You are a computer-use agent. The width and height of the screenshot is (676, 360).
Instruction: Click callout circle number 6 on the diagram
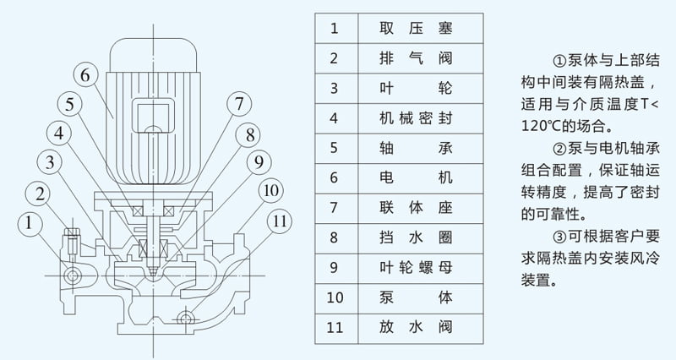click(x=84, y=74)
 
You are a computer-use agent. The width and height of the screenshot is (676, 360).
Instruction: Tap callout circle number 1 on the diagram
click(x=30, y=223)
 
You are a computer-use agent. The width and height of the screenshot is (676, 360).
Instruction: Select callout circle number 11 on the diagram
click(x=280, y=223)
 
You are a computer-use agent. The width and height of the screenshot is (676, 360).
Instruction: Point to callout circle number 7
click(x=239, y=104)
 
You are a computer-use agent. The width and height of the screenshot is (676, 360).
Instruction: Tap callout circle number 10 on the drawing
click(x=270, y=191)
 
